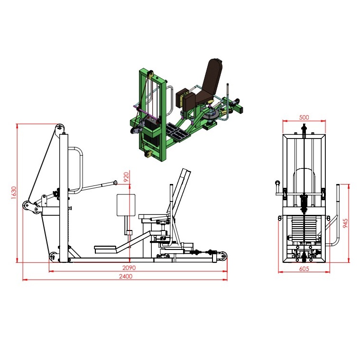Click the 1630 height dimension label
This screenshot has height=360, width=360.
point(14,193)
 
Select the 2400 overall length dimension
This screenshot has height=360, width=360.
point(126,276)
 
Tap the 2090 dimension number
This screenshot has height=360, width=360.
point(129,268)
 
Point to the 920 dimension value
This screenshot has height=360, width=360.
point(126,177)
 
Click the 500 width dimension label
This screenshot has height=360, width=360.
point(304,117)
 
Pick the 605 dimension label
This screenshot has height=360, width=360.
point(304,268)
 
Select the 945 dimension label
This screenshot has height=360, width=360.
point(345,223)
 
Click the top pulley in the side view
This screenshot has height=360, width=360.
point(60,128)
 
